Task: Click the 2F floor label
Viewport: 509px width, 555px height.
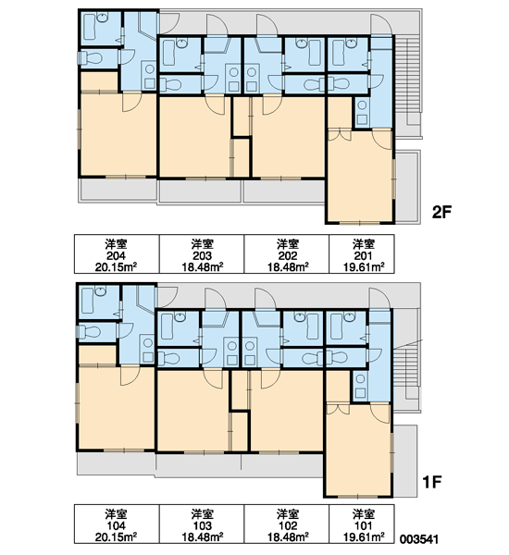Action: point(441,212)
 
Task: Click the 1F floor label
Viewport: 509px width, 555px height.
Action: point(432,481)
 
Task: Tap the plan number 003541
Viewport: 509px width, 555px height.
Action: point(419,539)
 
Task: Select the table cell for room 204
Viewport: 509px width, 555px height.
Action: point(117,253)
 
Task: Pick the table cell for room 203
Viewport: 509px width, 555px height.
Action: point(202,253)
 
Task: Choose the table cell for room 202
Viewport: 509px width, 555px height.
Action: point(287,253)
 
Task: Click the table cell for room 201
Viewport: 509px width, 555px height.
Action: point(362,253)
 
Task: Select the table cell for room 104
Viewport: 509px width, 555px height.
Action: point(117,524)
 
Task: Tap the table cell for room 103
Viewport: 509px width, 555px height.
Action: point(202,524)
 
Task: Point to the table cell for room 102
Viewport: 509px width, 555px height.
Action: point(287,524)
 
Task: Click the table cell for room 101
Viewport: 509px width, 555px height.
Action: point(362,524)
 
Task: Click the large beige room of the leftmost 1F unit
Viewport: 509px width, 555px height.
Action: point(117,408)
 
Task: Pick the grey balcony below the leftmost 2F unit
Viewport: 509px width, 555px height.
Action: point(118,190)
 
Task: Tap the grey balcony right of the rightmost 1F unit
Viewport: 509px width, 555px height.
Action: point(406,460)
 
